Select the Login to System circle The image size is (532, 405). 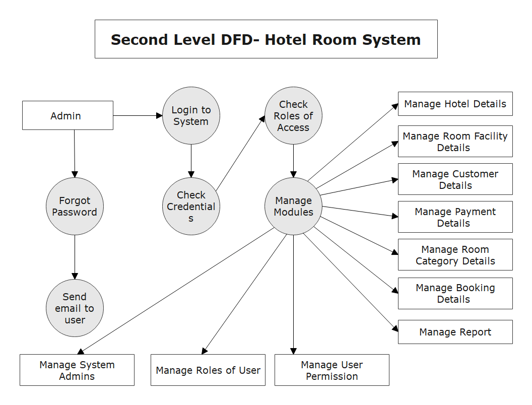[191, 116]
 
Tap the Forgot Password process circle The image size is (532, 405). [75, 206]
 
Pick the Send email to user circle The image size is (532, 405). [75, 308]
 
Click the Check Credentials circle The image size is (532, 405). [191, 206]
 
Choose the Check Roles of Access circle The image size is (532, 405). [293, 116]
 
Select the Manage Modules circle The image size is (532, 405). [293, 206]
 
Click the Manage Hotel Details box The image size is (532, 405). [455, 104]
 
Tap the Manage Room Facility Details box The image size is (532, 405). [455, 142]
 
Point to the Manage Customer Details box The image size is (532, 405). [455, 179]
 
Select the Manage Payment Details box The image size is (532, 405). [455, 217]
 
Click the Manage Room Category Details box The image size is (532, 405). [455, 255]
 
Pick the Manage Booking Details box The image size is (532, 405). [455, 293]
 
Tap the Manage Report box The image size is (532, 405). [455, 332]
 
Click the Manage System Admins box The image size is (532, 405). [77, 370]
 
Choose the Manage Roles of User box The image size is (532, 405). [208, 370]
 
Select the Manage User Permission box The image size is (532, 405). [331, 370]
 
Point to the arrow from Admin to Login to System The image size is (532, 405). [138, 115]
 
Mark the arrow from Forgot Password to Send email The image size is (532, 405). [75, 257]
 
